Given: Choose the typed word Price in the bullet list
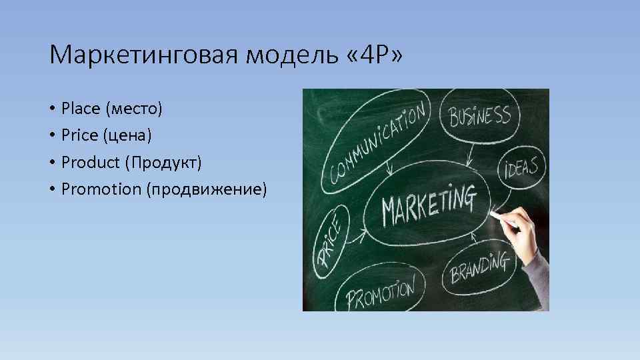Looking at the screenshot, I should pyautogui.click(x=78, y=135).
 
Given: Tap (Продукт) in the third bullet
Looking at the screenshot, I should pyautogui.click(x=167, y=163).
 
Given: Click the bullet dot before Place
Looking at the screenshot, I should pyautogui.click(x=51, y=108).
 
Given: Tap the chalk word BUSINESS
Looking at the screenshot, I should pyautogui.click(x=480, y=117).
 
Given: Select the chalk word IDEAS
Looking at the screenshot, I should pyautogui.click(x=522, y=166).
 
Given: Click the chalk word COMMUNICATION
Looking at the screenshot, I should pyautogui.click(x=377, y=143).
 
